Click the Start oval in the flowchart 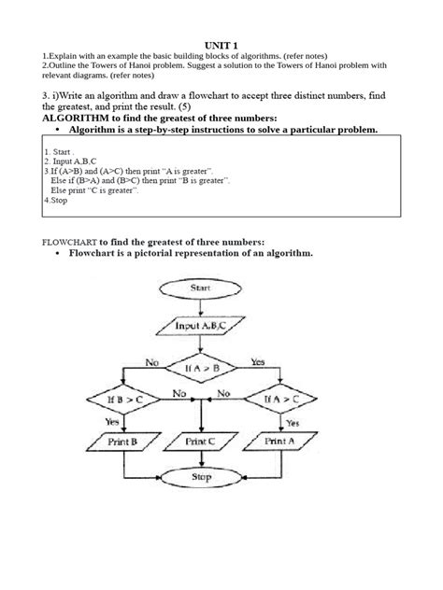click(201, 288)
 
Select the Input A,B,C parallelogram click(201, 327)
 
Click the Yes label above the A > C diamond click(258, 360)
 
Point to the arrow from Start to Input click(201, 307)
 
